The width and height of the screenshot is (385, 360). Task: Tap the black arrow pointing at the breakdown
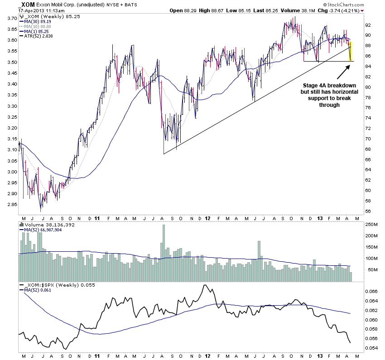[344, 72]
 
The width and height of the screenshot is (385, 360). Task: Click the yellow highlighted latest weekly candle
[351, 51]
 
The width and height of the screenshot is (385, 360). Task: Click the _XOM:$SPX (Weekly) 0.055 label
[51, 285]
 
